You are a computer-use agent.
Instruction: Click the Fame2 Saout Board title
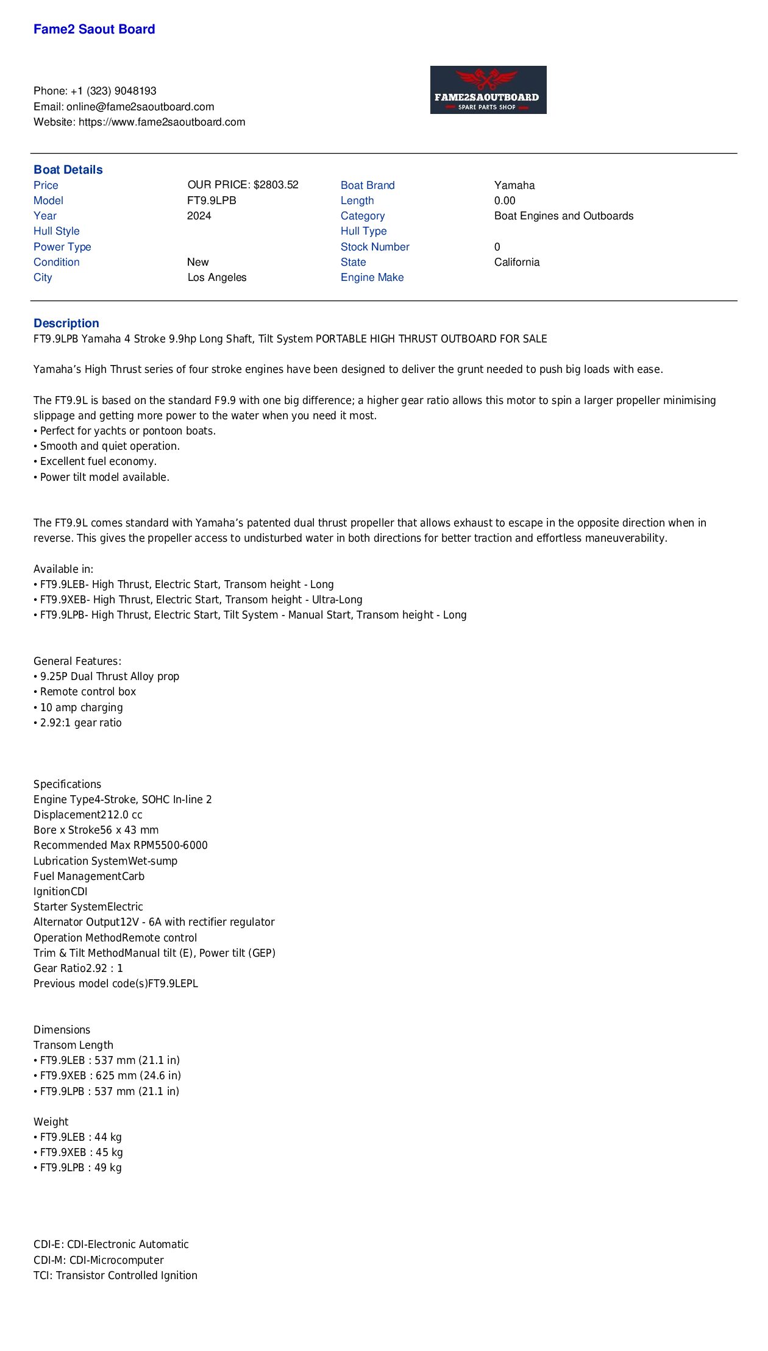pyautogui.click(x=94, y=29)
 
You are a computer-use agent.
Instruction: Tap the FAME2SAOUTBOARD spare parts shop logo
pyautogui.click(x=488, y=90)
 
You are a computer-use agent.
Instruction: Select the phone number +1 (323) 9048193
pyautogui.click(x=113, y=91)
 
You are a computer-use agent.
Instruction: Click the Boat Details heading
pyautogui.click(x=68, y=169)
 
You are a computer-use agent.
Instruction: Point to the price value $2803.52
pyautogui.click(x=276, y=185)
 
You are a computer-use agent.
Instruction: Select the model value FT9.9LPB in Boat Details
pyautogui.click(x=212, y=200)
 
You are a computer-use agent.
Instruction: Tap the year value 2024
pyautogui.click(x=199, y=216)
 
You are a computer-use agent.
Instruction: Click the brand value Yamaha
pyautogui.click(x=514, y=185)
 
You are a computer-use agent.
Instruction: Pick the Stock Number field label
pyautogui.click(x=375, y=247)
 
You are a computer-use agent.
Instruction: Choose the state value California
pyautogui.click(x=517, y=262)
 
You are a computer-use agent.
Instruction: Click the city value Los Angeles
pyautogui.click(x=217, y=277)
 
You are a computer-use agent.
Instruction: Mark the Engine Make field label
pyautogui.click(x=372, y=277)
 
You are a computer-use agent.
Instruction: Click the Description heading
pyautogui.click(x=66, y=323)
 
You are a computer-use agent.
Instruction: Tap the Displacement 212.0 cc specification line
pyautogui.click(x=88, y=815)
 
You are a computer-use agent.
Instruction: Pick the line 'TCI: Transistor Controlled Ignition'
pyautogui.click(x=115, y=1275)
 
